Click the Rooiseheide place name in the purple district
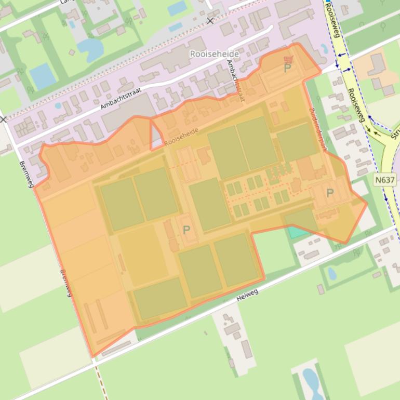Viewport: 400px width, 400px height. click(215, 54)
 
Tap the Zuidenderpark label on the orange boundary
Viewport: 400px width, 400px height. click(318, 130)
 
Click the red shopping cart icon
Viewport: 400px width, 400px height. click(289, 59)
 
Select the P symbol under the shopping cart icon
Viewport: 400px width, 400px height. click(288, 68)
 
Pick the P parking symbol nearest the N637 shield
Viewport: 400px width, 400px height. click(330, 193)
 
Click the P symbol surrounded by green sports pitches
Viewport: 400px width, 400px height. click(186, 230)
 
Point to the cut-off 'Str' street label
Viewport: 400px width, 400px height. click(395, 132)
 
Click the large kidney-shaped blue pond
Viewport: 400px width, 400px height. click(90, 47)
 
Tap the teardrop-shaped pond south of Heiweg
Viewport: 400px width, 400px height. click(332, 274)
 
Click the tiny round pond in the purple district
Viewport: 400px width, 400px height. click(58, 105)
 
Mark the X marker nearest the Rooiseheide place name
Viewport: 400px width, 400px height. click(210, 21)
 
